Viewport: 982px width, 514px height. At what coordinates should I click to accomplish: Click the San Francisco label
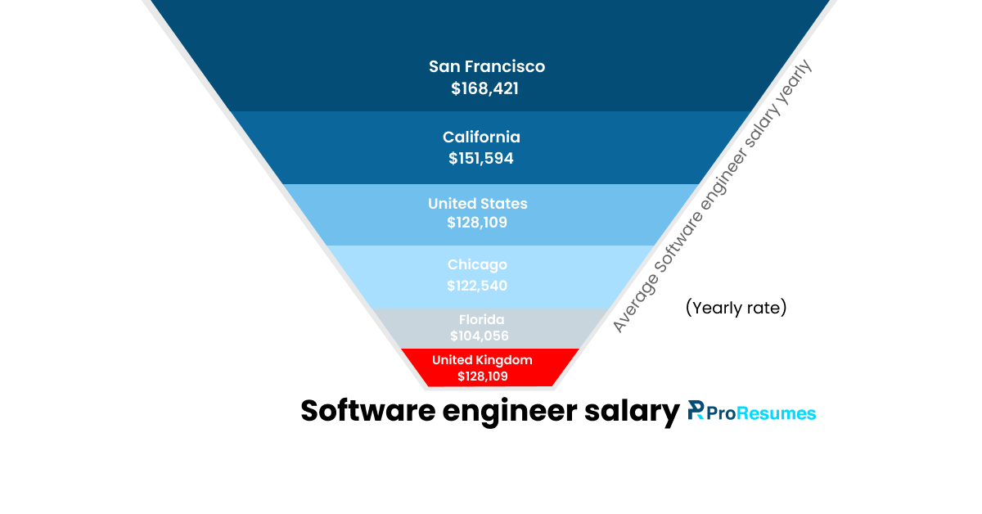pos(486,66)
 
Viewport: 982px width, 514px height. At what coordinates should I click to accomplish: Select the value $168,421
pos(484,88)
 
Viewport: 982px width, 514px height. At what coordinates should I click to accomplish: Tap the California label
pos(481,137)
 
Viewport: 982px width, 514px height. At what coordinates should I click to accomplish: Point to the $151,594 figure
pos(481,159)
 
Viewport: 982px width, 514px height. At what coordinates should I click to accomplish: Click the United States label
pos(478,203)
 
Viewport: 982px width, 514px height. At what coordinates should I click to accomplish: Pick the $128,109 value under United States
pos(477,222)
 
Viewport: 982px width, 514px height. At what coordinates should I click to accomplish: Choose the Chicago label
pos(477,264)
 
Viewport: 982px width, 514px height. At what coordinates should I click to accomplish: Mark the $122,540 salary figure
pos(477,286)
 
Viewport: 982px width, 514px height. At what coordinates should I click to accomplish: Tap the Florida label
pos(481,319)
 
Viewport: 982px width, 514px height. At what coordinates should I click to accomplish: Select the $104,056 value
pos(480,336)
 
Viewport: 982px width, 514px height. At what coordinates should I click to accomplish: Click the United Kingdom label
pos(482,360)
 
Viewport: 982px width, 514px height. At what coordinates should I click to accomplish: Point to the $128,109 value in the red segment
pos(483,376)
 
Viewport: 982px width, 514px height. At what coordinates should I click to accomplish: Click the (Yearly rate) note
pos(736,309)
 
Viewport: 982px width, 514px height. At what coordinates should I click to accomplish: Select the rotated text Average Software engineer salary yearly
pos(714,196)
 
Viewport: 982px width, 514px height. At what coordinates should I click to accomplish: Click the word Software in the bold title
pos(367,411)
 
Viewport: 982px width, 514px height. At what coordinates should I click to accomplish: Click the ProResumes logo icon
pos(696,410)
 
